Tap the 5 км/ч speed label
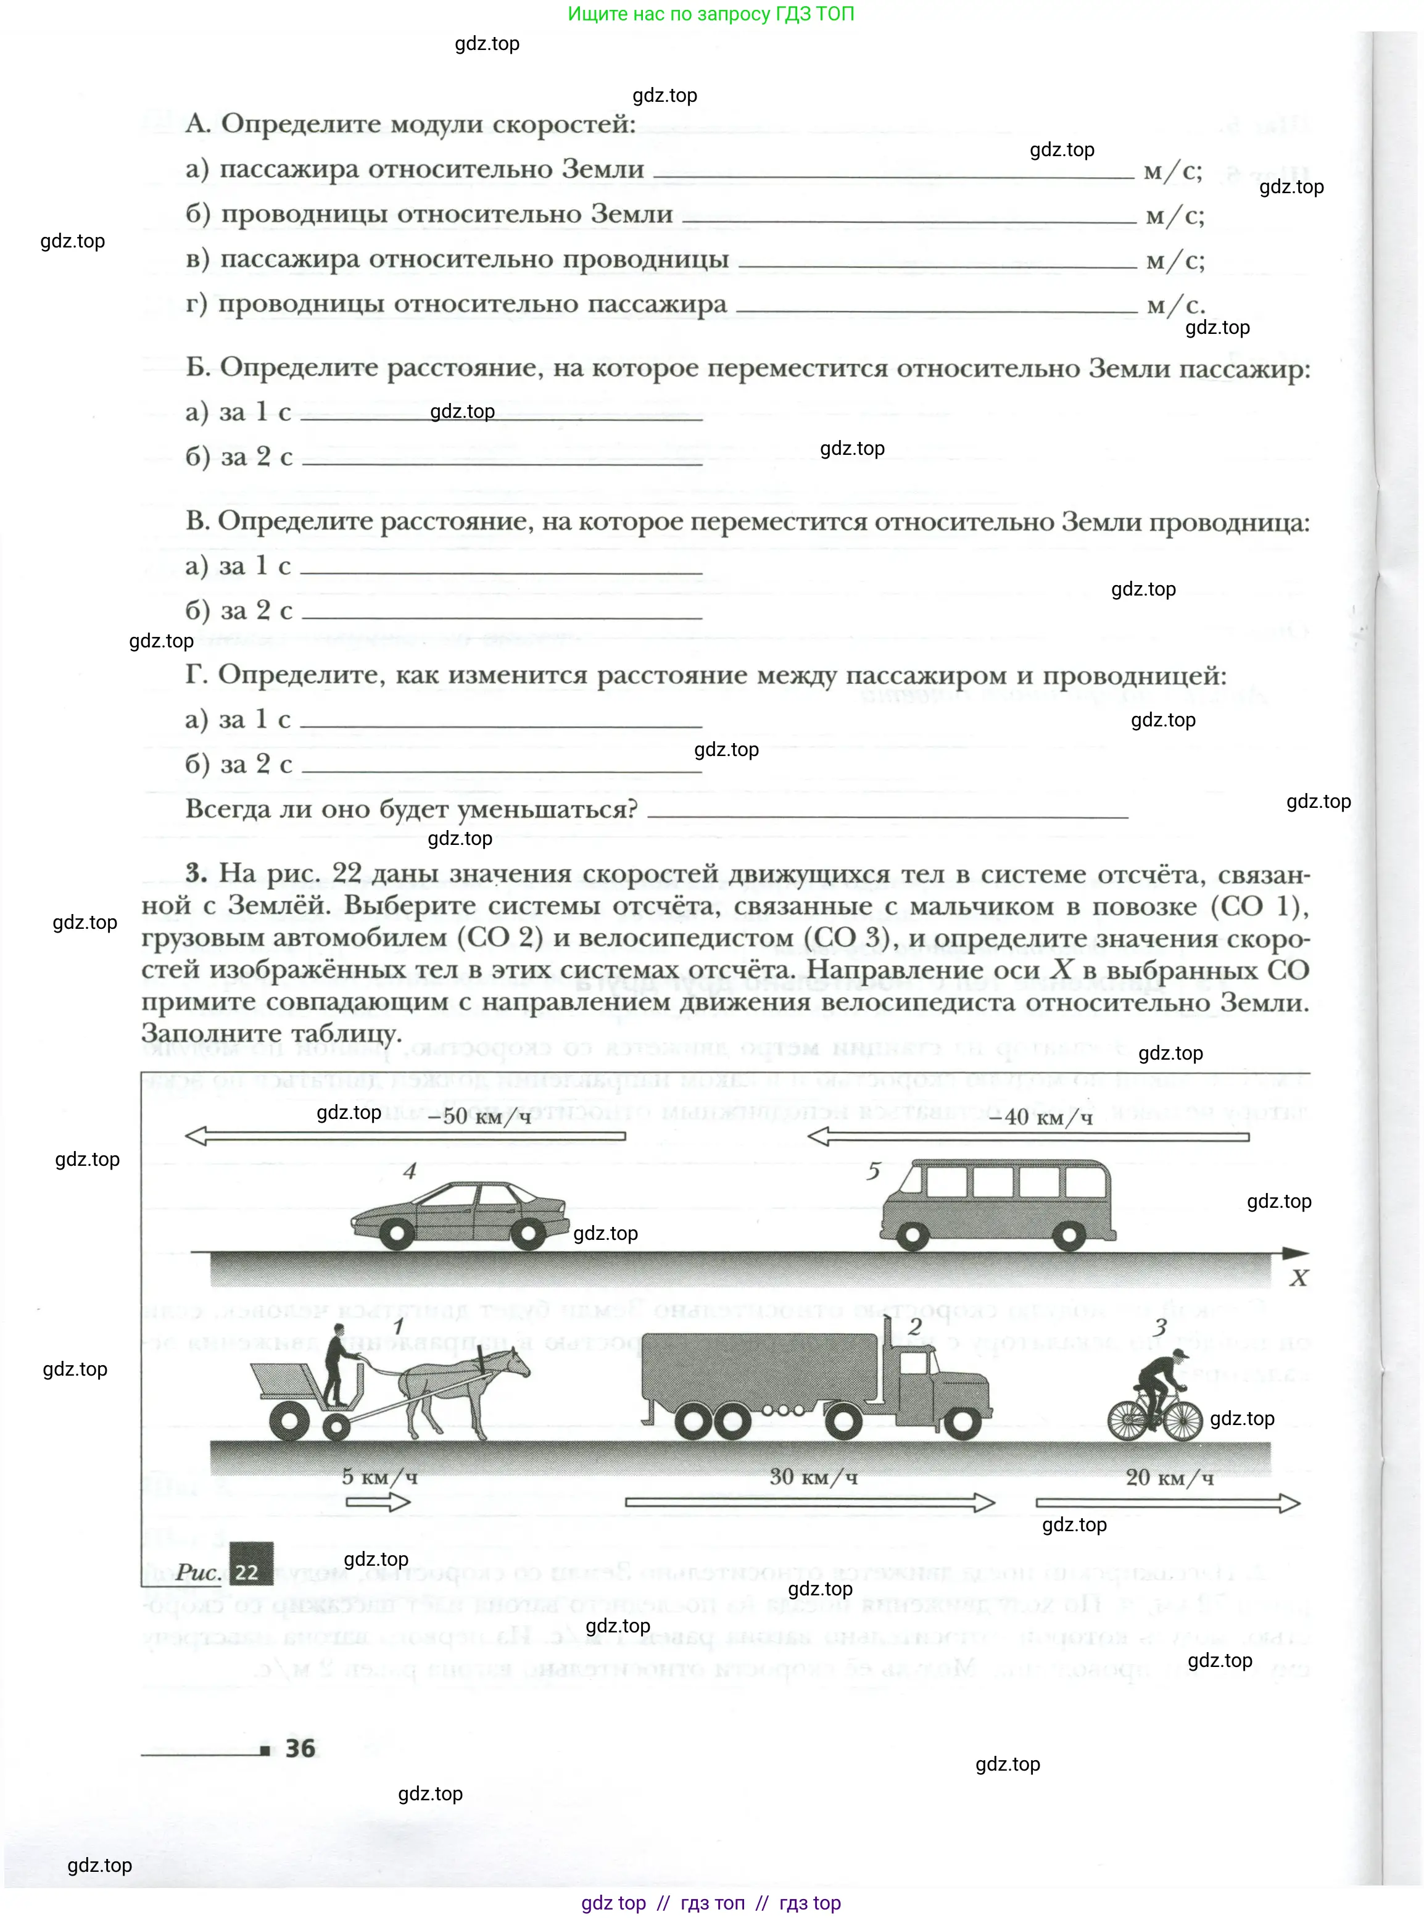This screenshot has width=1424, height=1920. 379,1477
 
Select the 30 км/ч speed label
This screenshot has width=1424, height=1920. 813,1477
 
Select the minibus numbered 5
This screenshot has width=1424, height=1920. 997,1203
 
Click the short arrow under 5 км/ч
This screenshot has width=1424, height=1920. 378,1503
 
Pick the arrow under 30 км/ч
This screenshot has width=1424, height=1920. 809,1503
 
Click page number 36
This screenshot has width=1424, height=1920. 300,1748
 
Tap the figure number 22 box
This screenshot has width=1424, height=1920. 247,1571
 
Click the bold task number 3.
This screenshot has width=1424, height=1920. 196,873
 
